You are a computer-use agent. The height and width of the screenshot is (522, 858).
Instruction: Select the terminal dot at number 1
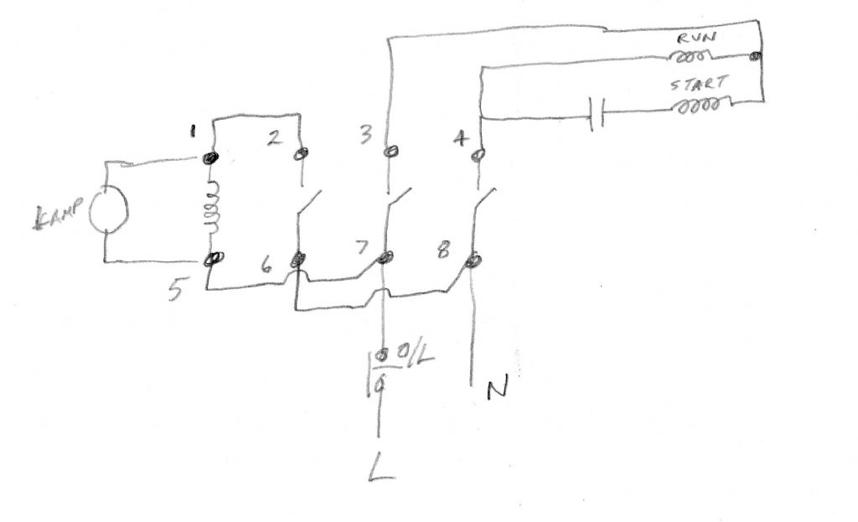(210, 158)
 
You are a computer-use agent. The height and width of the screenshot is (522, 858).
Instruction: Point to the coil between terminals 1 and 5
(212, 208)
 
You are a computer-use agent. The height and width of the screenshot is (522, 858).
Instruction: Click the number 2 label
(275, 137)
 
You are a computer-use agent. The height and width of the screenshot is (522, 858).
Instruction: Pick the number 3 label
(366, 133)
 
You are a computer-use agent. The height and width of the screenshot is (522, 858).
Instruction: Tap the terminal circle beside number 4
(478, 155)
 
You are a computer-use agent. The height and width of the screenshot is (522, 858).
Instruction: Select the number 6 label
(266, 266)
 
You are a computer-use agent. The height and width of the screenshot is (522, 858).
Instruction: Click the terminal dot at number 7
(386, 256)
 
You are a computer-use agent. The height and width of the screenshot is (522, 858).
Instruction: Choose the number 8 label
(444, 250)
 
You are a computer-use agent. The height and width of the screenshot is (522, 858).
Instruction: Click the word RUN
(696, 39)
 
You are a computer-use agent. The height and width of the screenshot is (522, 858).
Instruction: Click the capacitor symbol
(597, 113)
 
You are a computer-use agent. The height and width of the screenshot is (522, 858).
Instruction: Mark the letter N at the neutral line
(498, 386)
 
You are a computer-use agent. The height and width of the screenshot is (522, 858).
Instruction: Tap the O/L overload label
(414, 355)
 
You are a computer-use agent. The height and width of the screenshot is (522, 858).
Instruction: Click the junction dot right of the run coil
(755, 56)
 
